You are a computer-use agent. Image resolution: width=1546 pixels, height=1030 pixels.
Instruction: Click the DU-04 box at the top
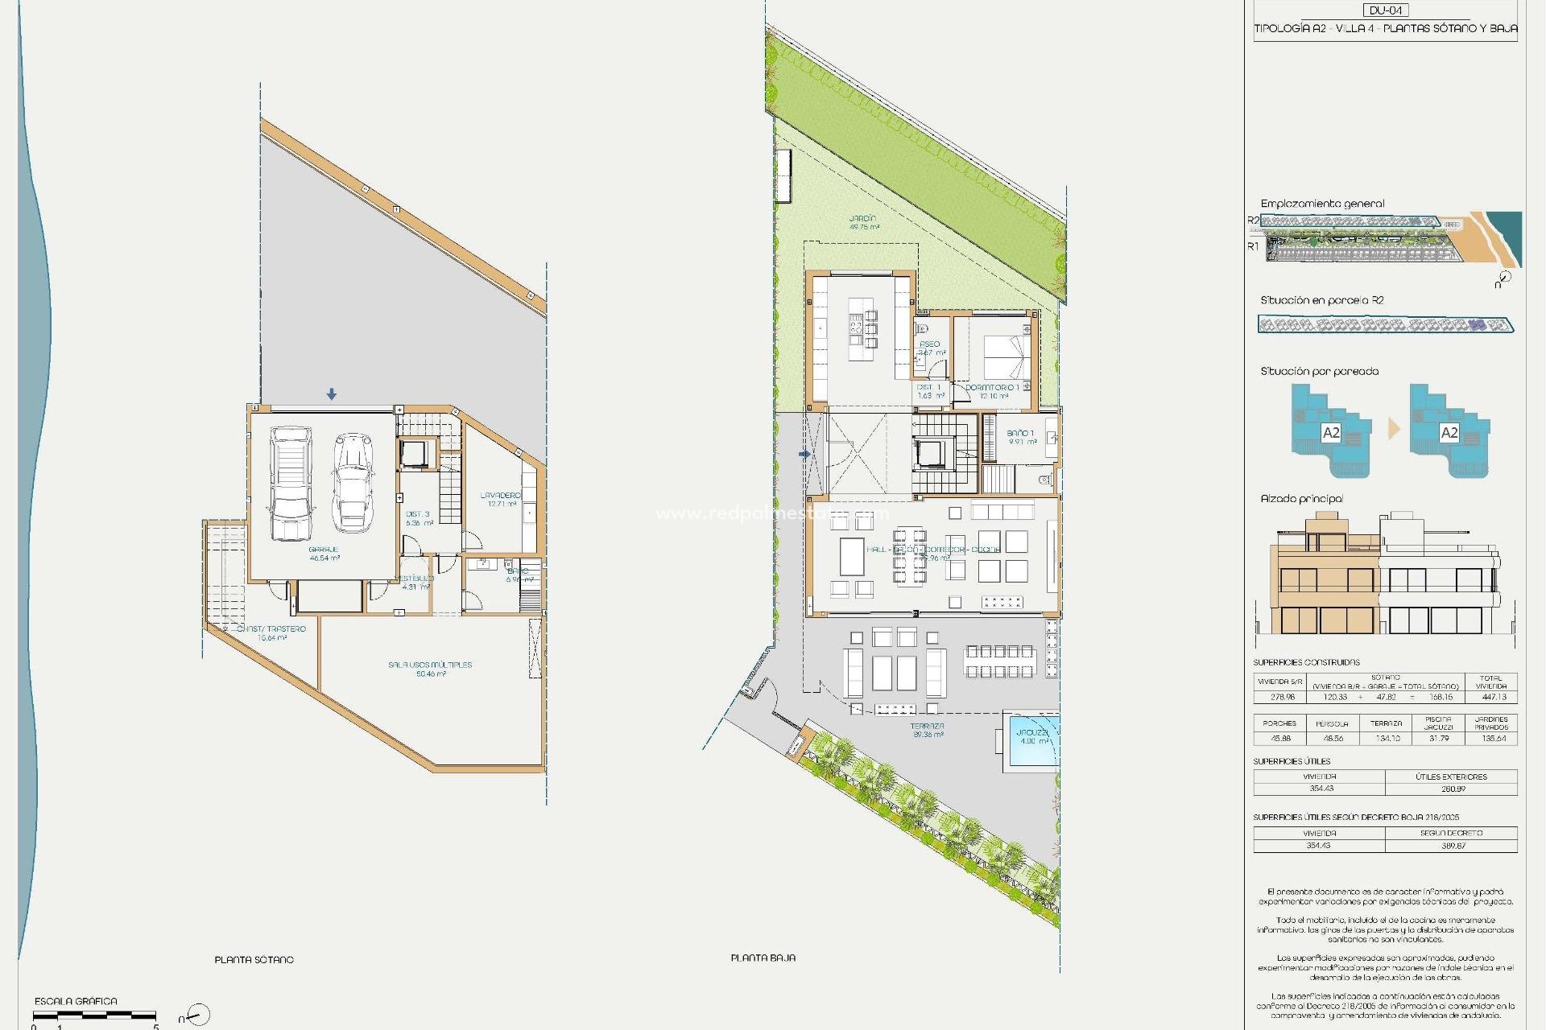[1386, 10]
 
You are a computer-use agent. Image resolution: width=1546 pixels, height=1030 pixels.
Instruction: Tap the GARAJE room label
[324, 550]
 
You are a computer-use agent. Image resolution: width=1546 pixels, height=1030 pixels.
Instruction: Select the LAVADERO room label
[501, 496]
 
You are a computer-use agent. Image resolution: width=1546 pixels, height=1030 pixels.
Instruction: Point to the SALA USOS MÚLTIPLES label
[430, 665]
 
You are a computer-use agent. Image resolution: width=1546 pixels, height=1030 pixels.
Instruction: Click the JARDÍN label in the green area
[862, 219]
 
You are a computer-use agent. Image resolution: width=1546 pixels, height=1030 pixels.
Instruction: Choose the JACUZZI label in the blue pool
[1032, 732]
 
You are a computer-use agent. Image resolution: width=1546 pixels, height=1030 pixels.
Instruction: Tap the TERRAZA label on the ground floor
[928, 727]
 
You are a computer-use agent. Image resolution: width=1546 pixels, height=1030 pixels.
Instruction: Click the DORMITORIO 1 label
[992, 388]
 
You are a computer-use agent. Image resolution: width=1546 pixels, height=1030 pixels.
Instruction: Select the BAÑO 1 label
[1020, 434]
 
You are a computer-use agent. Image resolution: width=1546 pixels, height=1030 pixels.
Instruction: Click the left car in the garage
[291, 483]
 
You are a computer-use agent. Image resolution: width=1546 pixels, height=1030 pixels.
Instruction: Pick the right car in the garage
[353, 483]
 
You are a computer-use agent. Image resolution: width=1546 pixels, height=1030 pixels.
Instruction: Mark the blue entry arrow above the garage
[332, 394]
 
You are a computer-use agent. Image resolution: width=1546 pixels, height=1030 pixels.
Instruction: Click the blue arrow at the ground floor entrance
[804, 454]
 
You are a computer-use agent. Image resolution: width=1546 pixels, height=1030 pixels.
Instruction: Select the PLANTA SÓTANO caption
[254, 960]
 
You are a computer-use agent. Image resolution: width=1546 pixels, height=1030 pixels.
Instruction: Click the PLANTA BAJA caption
[763, 958]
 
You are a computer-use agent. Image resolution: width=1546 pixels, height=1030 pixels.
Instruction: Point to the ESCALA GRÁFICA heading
[76, 1002]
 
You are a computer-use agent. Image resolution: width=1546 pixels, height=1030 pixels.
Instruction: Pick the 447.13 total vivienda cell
[1494, 697]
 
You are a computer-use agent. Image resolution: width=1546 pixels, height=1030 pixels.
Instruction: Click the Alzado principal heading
[1301, 499]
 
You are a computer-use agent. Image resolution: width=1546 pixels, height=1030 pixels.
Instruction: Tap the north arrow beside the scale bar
[197, 1016]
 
